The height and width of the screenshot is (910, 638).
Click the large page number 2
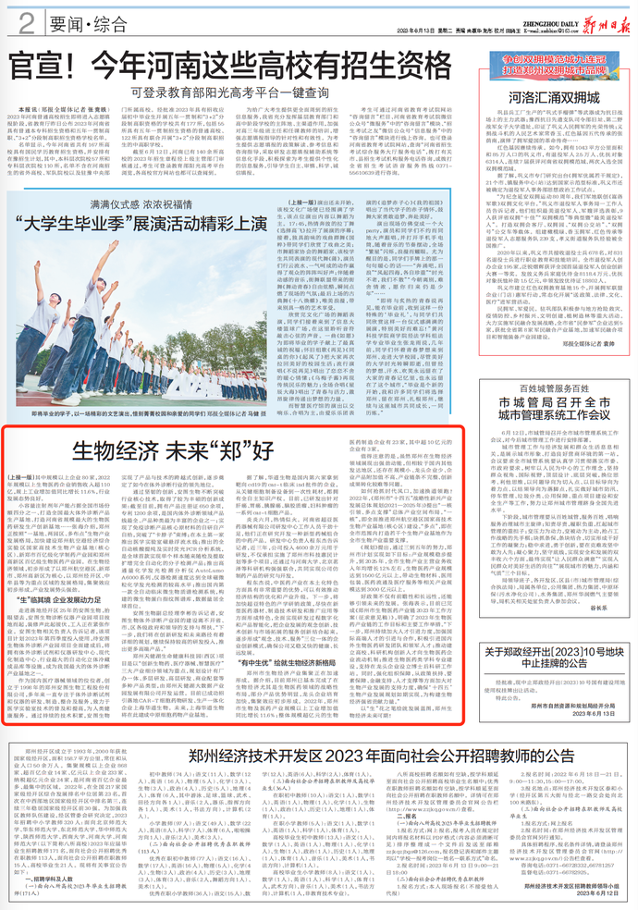pyautogui.click(x=29, y=20)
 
